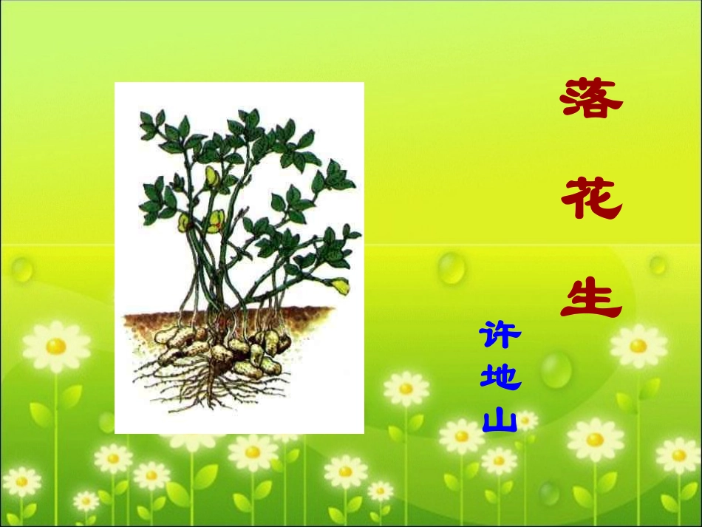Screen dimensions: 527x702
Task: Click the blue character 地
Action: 500,378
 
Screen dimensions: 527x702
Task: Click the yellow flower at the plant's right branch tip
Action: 341,285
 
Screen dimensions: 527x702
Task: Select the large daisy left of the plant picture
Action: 56,346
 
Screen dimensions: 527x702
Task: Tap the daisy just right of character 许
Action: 638,346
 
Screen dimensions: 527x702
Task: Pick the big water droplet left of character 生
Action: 451,267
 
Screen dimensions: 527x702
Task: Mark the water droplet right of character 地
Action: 556,369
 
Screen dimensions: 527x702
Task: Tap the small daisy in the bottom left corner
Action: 21,481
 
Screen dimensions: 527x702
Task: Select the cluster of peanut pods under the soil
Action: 222,347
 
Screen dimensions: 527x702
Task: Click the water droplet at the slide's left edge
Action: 21,269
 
